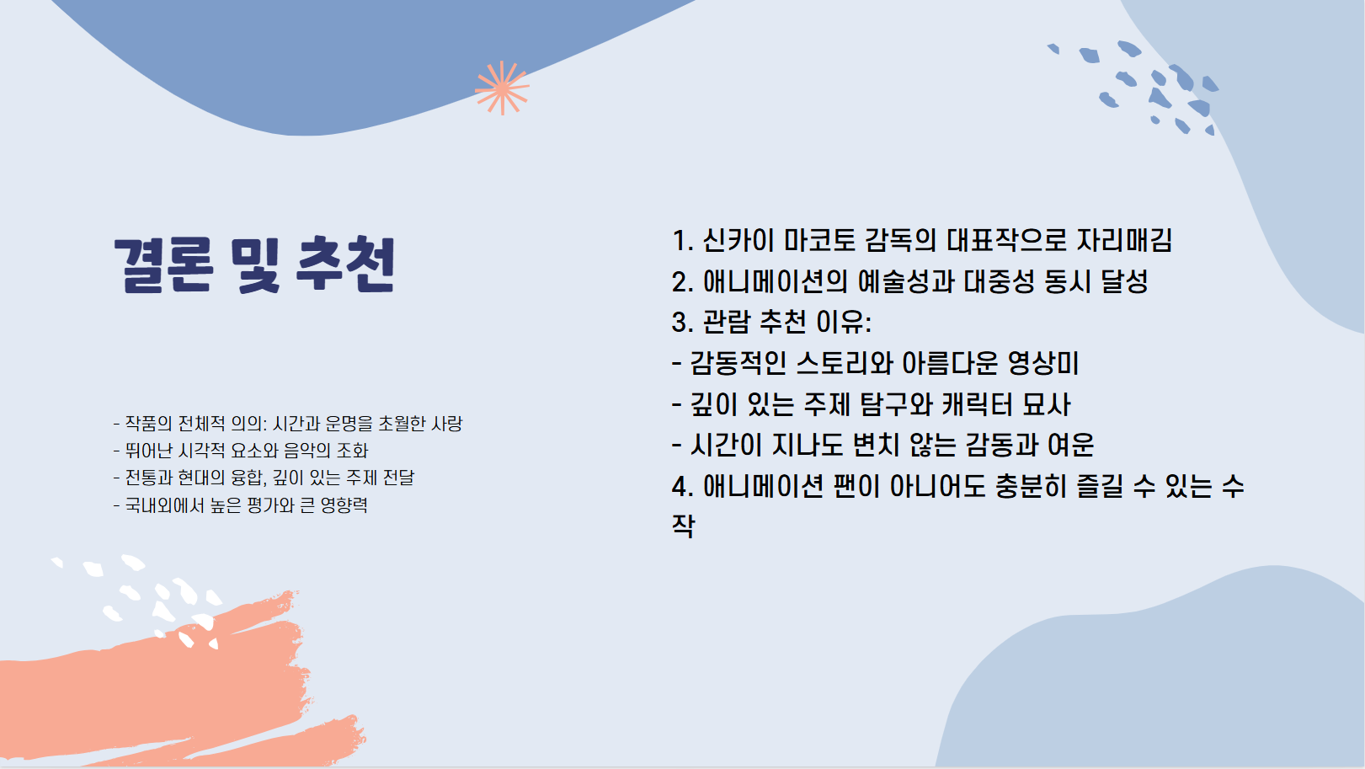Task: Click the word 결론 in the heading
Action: click(x=162, y=264)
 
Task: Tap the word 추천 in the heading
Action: click(x=346, y=264)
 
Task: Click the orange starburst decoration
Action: click(x=502, y=88)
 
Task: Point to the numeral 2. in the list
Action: click(x=682, y=282)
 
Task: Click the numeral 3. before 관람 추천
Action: click(x=682, y=323)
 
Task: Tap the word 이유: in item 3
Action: click(x=844, y=323)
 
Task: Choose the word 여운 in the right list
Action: click(x=1070, y=446)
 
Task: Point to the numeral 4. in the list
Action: click(x=682, y=487)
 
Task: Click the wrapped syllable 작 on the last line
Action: click(x=683, y=526)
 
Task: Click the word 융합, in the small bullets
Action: click(x=248, y=478)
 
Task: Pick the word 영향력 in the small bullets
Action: click(x=344, y=505)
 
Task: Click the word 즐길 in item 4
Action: click(x=1100, y=487)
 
